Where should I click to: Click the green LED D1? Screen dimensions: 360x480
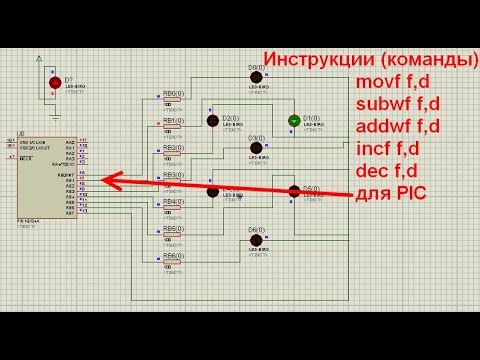coord(294,120)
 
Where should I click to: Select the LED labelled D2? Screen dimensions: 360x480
coord(213,120)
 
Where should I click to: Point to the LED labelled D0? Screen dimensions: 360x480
coord(256,77)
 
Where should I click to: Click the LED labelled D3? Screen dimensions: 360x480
coord(256,148)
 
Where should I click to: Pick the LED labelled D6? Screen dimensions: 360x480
coord(256,240)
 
